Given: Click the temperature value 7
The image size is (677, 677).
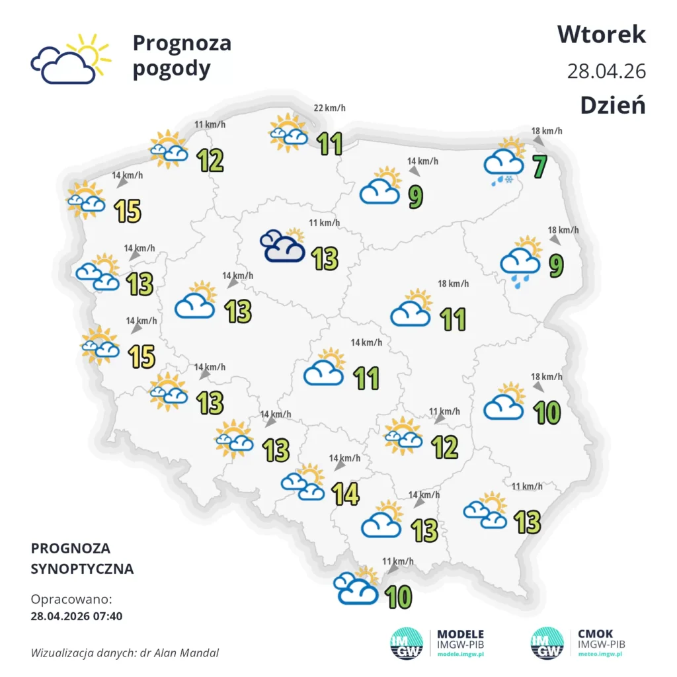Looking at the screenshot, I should click(540, 166).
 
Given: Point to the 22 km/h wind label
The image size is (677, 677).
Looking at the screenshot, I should click(329, 108).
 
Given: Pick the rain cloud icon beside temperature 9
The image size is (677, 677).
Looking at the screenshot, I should click(520, 259).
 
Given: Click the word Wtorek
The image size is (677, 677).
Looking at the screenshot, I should click(601, 34).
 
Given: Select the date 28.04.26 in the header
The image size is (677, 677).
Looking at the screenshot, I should click(606, 71).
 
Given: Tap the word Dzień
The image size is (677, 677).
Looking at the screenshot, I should click(613, 105).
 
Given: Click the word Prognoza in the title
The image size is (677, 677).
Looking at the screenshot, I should click(182, 43).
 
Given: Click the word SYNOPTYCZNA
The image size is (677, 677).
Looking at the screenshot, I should click(82, 569).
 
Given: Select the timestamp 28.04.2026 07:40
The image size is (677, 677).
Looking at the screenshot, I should click(76, 616).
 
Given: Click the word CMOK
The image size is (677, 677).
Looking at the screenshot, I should click(596, 634).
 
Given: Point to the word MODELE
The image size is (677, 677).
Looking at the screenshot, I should click(461, 634).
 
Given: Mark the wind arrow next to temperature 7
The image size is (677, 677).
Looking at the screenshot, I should click(539, 141).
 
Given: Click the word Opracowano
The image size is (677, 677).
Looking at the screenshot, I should click(71, 600).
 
